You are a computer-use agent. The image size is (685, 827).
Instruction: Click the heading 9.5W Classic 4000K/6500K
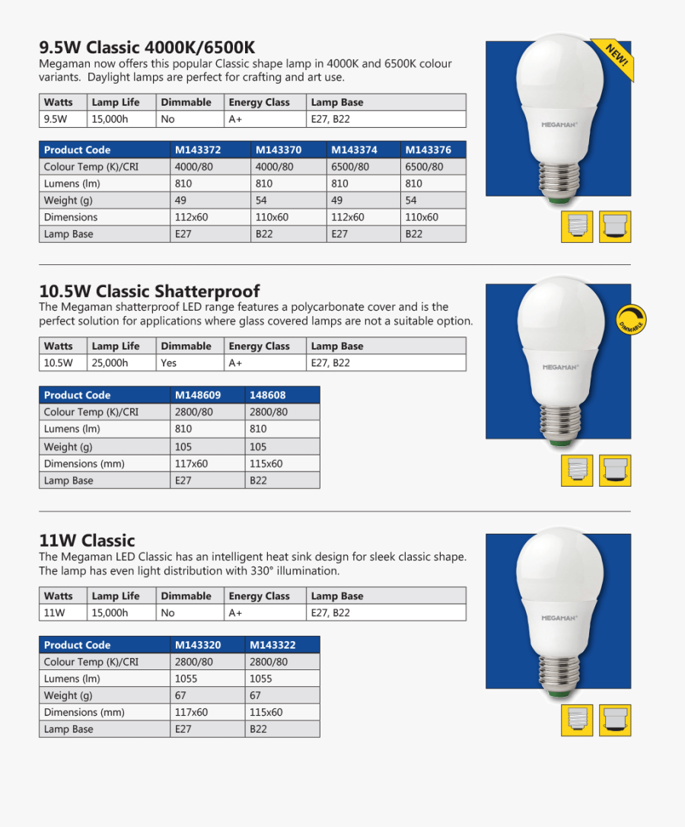pos(147,47)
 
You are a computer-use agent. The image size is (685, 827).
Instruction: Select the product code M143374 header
pos(354,150)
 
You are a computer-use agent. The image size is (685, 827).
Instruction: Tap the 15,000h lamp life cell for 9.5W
pos(110,119)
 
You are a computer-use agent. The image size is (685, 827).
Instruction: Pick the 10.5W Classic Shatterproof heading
pos(149,291)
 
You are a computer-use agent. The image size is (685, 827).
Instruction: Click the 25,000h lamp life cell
pos(110,363)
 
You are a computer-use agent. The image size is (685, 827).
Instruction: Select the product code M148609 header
pos(198,395)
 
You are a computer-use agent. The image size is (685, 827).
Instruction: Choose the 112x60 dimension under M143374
pos(348,217)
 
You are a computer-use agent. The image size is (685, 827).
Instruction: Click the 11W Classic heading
pos(87,541)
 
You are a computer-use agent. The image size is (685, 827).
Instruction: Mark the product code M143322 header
pos(272,645)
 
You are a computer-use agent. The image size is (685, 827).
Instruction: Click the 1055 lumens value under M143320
pos(186,679)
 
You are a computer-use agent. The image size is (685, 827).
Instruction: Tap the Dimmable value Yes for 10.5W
pos(168,363)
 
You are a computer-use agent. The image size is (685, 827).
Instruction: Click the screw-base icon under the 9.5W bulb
pos(576,226)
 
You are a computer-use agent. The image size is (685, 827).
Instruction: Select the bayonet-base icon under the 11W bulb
pos(614,720)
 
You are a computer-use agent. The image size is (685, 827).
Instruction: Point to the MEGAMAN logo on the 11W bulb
pos(559,618)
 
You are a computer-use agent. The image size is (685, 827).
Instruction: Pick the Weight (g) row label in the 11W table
pos(68,695)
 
